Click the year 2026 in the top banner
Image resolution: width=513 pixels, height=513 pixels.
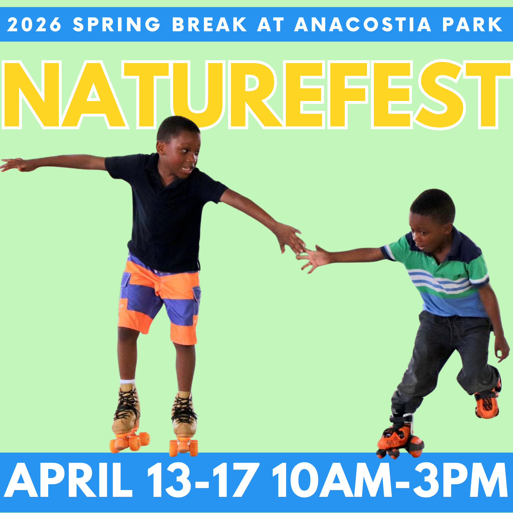(34, 24)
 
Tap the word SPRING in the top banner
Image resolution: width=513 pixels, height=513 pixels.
(116, 24)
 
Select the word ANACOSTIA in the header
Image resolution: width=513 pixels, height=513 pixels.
(362, 24)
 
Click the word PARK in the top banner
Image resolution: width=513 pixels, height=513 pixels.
(472, 24)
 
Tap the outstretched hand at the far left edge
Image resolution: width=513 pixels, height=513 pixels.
(16, 165)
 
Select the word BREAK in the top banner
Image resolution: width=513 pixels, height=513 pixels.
(210, 24)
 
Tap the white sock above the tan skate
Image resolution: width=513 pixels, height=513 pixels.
(127, 382)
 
